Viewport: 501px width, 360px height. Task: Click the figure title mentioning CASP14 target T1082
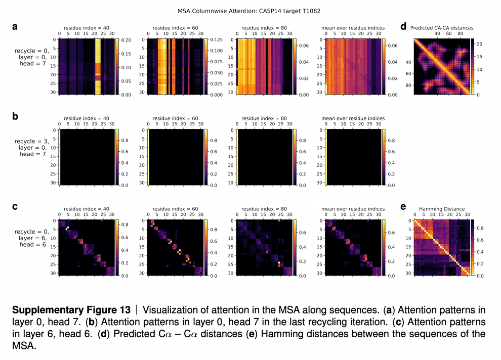[249, 10]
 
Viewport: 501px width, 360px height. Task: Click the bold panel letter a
[15, 27]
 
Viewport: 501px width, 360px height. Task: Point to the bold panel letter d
[403, 27]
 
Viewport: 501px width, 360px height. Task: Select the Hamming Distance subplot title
[442, 208]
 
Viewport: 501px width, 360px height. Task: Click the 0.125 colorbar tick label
[217, 40]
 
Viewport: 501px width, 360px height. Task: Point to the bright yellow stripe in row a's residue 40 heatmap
[99, 66]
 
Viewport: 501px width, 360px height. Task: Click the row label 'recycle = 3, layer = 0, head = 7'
[31, 147]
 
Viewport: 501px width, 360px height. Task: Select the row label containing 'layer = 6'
[31, 238]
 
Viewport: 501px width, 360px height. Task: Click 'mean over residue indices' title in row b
[353, 118]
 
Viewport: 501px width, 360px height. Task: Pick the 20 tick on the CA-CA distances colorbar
[479, 44]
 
